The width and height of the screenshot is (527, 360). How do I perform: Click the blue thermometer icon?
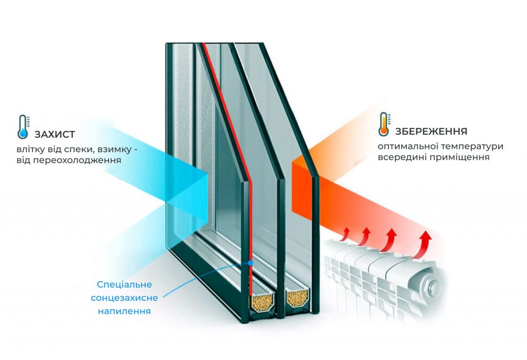(x=23, y=127)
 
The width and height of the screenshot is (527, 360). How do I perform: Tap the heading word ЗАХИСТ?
(x=55, y=135)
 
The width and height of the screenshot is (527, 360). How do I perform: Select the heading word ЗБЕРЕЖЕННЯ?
(x=431, y=131)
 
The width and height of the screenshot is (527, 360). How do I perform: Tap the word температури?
(x=474, y=147)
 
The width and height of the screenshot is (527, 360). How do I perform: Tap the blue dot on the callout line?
(x=250, y=263)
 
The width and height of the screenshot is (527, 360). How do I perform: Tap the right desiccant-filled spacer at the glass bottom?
(x=297, y=298)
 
